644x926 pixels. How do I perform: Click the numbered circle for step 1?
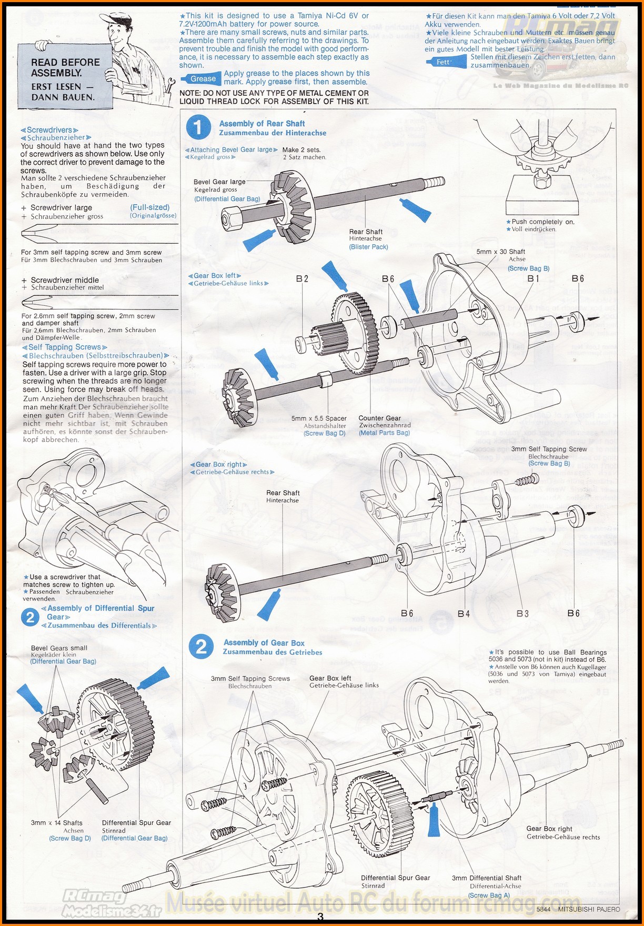[198, 127]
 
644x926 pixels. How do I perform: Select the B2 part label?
[302, 278]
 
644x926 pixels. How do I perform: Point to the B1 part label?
[534, 278]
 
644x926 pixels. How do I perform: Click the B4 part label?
[464, 613]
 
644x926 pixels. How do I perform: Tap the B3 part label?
[522, 613]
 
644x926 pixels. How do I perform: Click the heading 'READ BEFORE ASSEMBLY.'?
[65, 67]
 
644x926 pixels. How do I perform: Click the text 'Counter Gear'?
[379, 418]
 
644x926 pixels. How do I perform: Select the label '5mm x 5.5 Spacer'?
[319, 419]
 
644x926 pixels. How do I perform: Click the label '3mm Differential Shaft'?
[487, 878]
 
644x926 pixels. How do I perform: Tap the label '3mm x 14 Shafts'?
[56, 823]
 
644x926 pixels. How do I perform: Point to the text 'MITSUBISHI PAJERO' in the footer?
[589, 909]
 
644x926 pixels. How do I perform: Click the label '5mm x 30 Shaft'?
[500, 252]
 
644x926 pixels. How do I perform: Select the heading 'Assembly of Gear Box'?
[264, 643]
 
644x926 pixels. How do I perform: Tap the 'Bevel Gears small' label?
[59, 648]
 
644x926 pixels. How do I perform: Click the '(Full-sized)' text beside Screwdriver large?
[150, 207]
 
